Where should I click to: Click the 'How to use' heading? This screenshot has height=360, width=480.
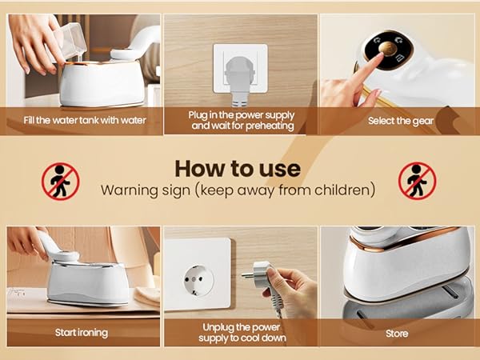(x=238, y=169)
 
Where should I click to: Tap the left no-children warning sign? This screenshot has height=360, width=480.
(x=61, y=182)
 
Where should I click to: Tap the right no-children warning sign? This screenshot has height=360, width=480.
(x=418, y=182)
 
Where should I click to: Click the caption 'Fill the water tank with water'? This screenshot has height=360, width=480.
(x=85, y=120)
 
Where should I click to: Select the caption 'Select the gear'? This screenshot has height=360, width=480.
(x=401, y=121)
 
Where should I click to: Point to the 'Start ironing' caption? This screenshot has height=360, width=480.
(x=82, y=333)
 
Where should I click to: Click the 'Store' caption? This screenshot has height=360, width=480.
(x=397, y=334)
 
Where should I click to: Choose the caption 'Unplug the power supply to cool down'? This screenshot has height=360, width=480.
(x=242, y=333)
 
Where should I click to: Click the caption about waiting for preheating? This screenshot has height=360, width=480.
(x=242, y=120)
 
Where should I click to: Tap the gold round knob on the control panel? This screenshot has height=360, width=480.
(x=387, y=49)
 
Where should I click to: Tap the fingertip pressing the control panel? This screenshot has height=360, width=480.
(x=379, y=56)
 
